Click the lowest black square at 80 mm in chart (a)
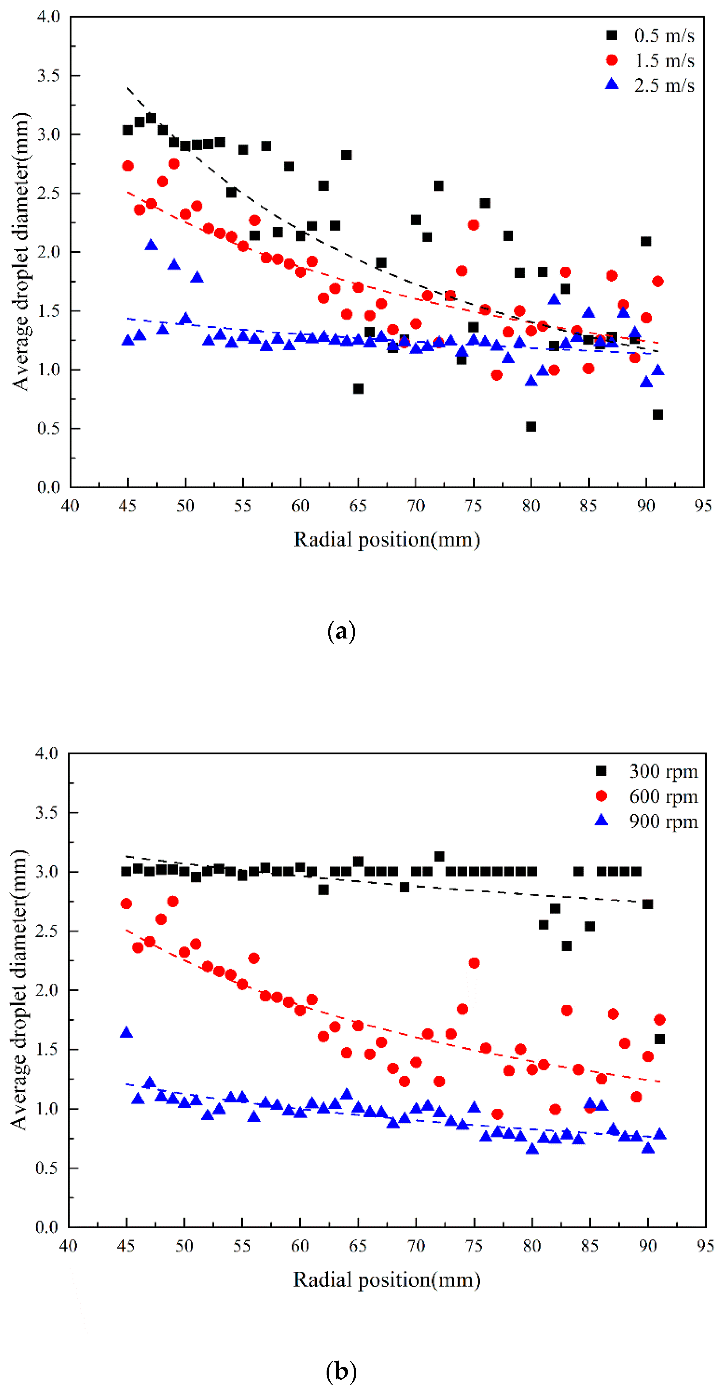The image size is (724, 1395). (x=531, y=427)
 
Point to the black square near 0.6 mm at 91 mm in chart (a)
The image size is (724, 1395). (x=658, y=414)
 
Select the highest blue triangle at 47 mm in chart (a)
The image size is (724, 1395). (x=151, y=245)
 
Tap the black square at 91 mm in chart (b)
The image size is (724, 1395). (x=660, y=1039)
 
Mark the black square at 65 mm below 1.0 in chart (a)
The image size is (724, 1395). (x=358, y=389)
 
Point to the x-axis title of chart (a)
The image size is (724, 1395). (x=386, y=540)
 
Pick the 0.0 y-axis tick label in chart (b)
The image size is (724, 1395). (x=47, y=1227)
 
